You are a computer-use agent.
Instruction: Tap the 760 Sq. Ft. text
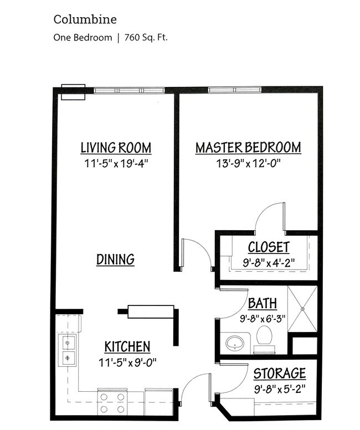pyautogui.click(x=147, y=38)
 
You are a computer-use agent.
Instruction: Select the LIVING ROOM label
pyautogui.click(x=116, y=148)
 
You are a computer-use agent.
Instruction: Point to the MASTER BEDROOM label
pyautogui.click(x=248, y=148)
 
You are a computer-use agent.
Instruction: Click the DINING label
pyautogui.click(x=116, y=259)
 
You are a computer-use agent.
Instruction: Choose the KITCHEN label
pyautogui.click(x=127, y=347)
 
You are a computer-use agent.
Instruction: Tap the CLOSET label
pyautogui.click(x=269, y=247)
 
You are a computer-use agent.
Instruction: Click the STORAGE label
pyautogui.click(x=280, y=373)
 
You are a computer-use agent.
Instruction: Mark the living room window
pyautogui.click(x=128, y=90)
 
